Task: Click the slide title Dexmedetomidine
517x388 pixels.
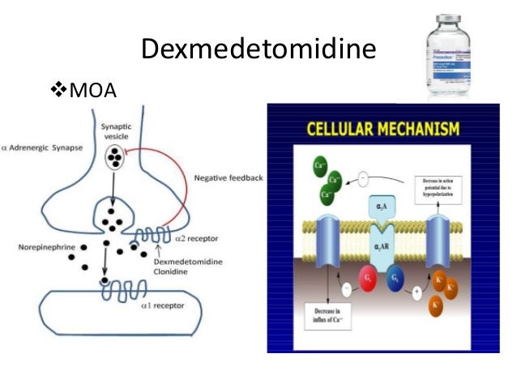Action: pos(258,51)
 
